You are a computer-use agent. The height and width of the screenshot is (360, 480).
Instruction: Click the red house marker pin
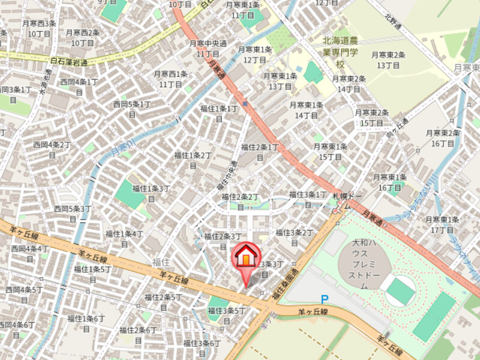point(245,258)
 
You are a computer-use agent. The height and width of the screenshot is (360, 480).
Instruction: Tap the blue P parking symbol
point(325,299)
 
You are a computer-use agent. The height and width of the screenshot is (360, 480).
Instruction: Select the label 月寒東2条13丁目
point(388,59)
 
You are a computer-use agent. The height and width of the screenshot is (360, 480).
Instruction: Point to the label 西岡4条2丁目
point(52,150)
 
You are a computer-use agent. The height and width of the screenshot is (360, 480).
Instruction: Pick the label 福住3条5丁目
point(227,315)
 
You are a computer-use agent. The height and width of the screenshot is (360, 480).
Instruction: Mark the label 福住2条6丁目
point(138,335)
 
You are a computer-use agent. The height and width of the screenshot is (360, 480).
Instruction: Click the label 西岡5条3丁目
point(73,214)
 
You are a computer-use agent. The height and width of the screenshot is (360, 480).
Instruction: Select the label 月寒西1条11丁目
point(171,79)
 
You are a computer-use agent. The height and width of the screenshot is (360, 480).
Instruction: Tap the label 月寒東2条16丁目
point(443,137)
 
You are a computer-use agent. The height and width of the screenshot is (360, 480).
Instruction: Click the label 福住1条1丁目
point(218,113)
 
